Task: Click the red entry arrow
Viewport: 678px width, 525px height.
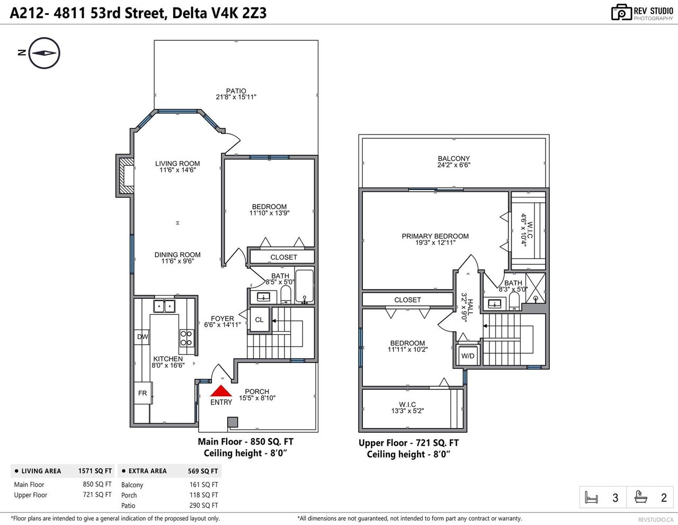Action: (x=221, y=390)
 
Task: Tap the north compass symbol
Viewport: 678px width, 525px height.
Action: (x=44, y=53)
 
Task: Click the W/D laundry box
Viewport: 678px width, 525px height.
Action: (x=468, y=355)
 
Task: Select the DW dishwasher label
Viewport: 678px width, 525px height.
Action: (x=142, y=336)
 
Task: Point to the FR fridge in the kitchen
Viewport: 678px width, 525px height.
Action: (x=143, y=393)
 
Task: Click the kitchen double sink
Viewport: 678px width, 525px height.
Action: (x=164, y=306)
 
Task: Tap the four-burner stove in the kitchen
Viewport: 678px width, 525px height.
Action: (x=186, y=338)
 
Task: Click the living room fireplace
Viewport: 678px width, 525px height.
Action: (x=126, y=176)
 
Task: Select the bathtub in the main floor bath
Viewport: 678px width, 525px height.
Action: (x=304, y=287)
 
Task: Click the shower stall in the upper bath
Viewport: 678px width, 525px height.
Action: (x=536, y=288)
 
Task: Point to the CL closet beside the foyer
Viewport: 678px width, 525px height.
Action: (x=259, y=320)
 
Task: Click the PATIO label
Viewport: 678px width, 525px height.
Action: (x=236, y=91)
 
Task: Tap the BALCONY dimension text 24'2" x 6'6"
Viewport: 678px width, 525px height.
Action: (x=453, y=165)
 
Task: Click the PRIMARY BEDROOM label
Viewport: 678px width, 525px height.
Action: (x=435, y=236)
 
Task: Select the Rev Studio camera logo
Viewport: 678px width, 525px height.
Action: (x=621, y=13)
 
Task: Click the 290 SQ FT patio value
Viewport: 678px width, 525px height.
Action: (x=203, y=505)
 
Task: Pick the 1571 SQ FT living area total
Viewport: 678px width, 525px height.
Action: (x=95, y=471)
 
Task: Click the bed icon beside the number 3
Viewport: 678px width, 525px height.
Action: (x=591, y=497)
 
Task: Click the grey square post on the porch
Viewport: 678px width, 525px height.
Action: (x=233, y=422)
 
